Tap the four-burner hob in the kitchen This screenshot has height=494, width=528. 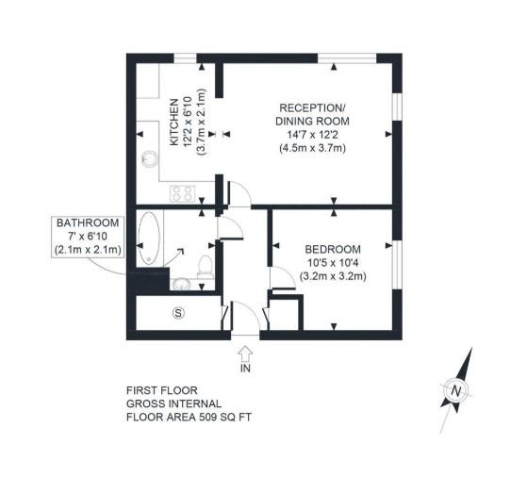point(182,194)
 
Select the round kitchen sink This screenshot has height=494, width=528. point(146,159)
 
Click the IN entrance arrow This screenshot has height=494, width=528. point(246,353)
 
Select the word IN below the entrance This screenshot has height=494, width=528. point(246,370)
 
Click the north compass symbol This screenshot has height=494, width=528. point(456,387)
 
